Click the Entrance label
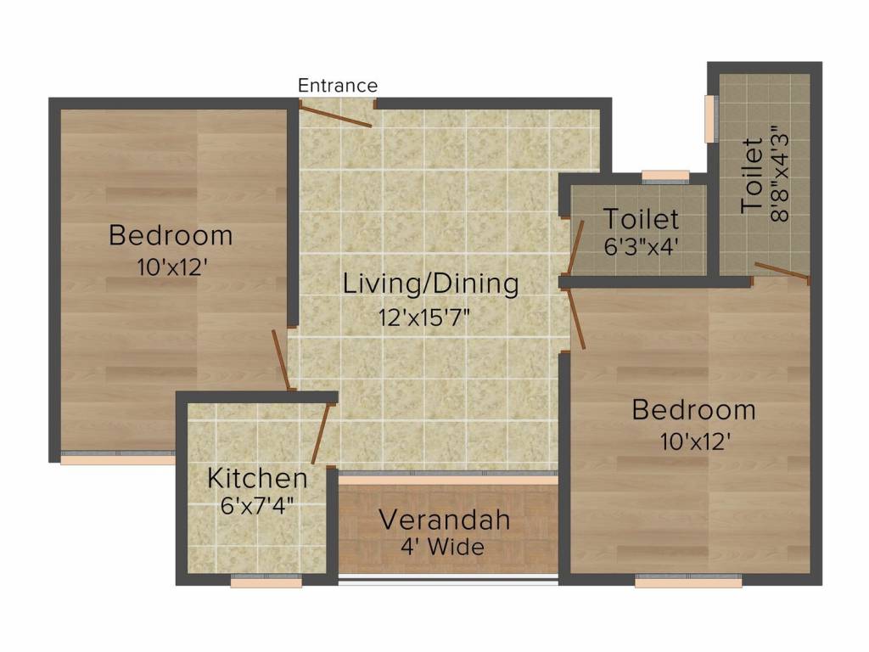(x=338, y=86)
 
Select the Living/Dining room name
(x=430, y=284)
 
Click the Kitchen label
(x=257, y=478)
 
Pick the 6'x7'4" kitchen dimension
(x=257, y=508)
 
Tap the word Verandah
(x=445, y=519)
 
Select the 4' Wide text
(x=443, y=547)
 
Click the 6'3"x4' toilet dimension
(x=641, y=247)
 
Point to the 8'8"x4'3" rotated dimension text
(x=779, y=174)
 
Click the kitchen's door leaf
(x=320, y=434)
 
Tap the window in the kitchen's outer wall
(x=266, y=582)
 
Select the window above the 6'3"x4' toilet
(x=665, y=177)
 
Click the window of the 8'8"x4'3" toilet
(x=711, y=119)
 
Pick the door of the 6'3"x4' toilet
(x=575, y=245)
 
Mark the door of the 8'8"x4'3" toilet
(x=782, y=272)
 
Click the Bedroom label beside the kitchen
(x=171, y=234)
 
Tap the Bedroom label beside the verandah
(x=693, y=410)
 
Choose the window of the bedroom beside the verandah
(x=688, y=582)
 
